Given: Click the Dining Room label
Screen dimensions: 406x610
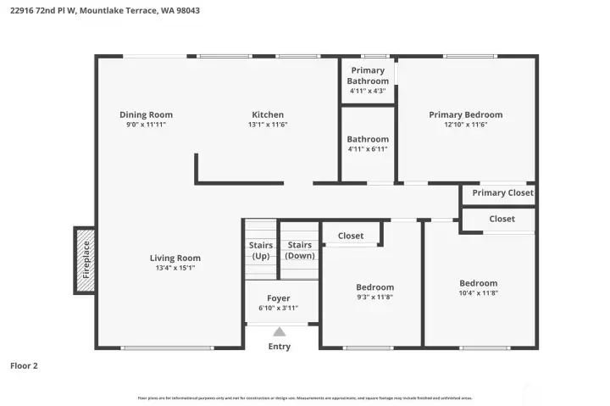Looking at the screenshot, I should pyautogui.click(x=146, y=114).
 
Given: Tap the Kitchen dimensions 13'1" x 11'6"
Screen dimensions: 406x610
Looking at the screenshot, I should pyautogui.click(x=268, y=125).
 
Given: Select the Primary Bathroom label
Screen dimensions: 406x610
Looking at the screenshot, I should pyautogui.click(x=367, y=75).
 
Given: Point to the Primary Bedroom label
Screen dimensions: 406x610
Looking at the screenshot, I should pyautogui.click(x=465, y=114).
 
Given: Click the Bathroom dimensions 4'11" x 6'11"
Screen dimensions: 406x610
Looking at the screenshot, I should pyautogui.click(x=368, y=149).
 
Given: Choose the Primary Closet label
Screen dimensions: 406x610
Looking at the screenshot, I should pyautogui.click(x=502, y=192).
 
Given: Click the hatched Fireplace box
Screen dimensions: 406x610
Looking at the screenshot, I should pyautogui.click(x=85, y=260).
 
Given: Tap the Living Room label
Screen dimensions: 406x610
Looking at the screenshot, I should pyautogui.click(x=175, y=258).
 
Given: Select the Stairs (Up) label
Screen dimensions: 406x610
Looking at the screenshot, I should pyautogui.click(x=260, y=250).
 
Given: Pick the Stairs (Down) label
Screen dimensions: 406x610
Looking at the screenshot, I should pyautogui.click(x=300, y=250).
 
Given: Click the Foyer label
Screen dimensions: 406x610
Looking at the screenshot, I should pyautogui.click(x=278, y=298).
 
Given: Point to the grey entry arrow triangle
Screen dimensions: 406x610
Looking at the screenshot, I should pyautogui.click(x=279, y=332).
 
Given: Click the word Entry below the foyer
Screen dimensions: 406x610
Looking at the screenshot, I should pyautogui.click(x=279, y=346).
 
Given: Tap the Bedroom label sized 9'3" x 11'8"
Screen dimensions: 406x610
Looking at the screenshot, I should pyautogui.click(x=374, y=287).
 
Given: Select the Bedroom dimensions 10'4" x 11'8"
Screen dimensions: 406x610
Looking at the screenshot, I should pyautogui.click(x=479, y=293).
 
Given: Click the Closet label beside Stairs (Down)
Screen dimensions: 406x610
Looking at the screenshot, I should pyautogui.click(x=351, y=236).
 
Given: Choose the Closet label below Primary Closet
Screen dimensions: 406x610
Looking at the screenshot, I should pyautogui.click(x=502, y=219).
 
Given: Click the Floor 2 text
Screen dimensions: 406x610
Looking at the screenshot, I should pyautogui.click(x=24, y=366).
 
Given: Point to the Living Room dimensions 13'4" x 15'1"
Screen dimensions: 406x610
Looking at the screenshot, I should pyautogui.click(x=175, y=268).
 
